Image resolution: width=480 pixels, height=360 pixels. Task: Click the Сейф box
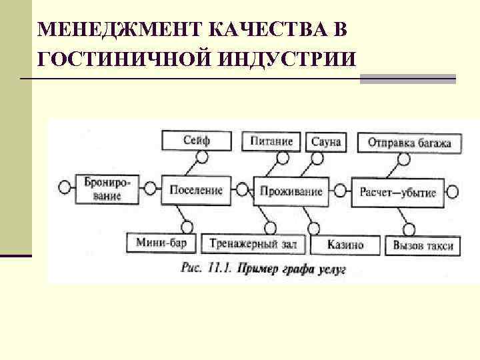click(196, 141)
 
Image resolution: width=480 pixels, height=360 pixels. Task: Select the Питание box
click(272, 141)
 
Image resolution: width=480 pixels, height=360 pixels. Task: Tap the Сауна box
click(326, 141)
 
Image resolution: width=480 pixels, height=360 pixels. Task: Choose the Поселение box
click(196, 191)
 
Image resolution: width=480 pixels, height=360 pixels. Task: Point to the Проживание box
click(291, 191)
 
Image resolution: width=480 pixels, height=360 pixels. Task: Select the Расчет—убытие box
click(398, 192)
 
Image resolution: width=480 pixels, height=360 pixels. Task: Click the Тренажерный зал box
click(253, 245)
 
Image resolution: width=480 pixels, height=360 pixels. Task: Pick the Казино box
click(345, 245)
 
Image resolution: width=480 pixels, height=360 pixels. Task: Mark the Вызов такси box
click(423, 246)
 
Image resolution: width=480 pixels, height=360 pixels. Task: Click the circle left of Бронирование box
click(65, 187)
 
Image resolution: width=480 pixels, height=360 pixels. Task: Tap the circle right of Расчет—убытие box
click(453, 193)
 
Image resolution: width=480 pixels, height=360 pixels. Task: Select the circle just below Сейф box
click(202, 158)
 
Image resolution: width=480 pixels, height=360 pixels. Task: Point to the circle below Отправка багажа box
click(403, 159)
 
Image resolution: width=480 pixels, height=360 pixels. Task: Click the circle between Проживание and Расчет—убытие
click(341, 192)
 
